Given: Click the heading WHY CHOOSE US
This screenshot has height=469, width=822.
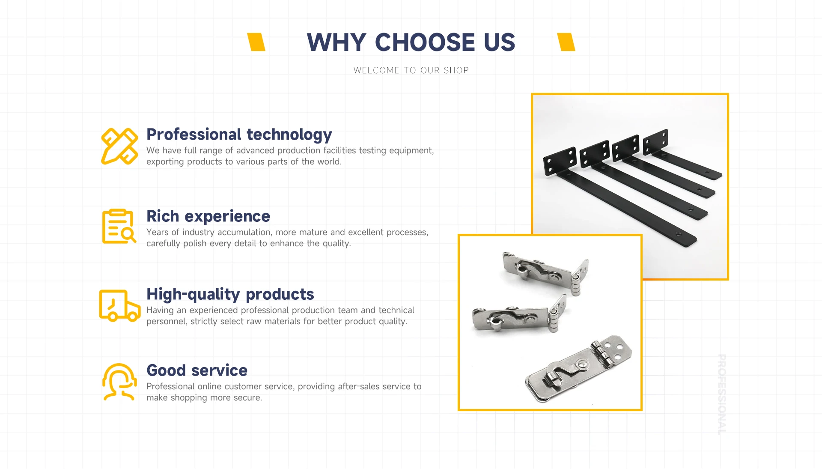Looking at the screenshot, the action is [x=411, y=42].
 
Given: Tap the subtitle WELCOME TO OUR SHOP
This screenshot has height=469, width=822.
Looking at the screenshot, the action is [x=411, y=70].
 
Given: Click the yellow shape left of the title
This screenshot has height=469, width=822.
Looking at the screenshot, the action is [x=256, y=42].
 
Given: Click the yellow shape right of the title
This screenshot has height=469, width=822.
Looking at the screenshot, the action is [x=566, y=42].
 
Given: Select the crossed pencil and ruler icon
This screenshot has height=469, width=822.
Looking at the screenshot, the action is [x=119, y=146].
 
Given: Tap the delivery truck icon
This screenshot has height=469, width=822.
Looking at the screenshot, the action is [x=119, y=305].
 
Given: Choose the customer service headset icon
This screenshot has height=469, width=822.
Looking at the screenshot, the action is [x=119, y=382].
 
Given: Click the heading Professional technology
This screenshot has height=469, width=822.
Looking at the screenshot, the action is [x=239, y=134].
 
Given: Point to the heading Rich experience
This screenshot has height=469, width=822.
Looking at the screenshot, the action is [x=208, y=216].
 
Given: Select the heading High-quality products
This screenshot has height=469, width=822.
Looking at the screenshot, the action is [x=230, y=294].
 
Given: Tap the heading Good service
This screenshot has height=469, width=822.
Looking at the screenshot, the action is [x=197, y=370].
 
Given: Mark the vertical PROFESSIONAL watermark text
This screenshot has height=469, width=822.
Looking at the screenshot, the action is [x=722, y=394].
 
